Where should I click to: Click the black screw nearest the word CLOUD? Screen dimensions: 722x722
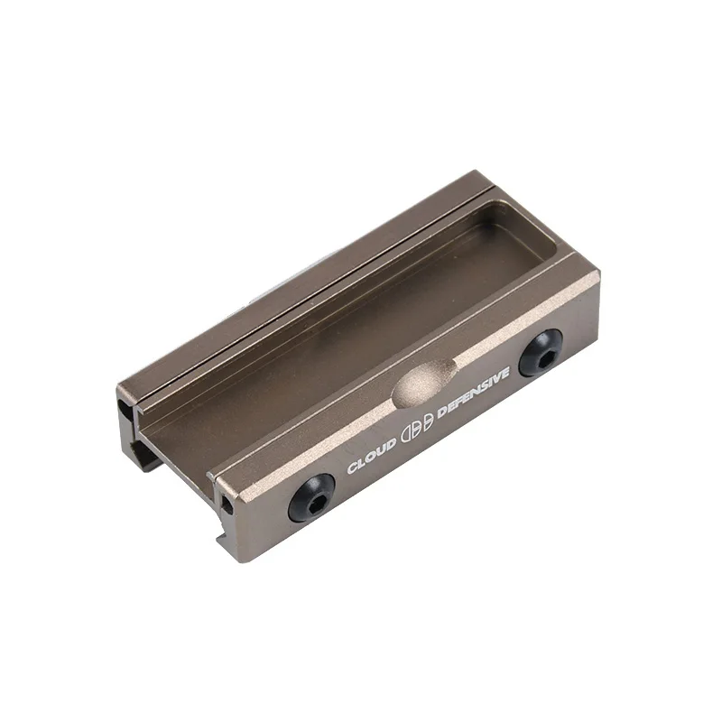311,496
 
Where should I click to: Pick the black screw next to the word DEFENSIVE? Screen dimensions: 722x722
540,351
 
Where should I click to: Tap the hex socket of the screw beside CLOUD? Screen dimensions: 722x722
311,497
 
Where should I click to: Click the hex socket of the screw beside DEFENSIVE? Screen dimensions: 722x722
540,352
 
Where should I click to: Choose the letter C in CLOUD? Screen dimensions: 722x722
353,467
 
